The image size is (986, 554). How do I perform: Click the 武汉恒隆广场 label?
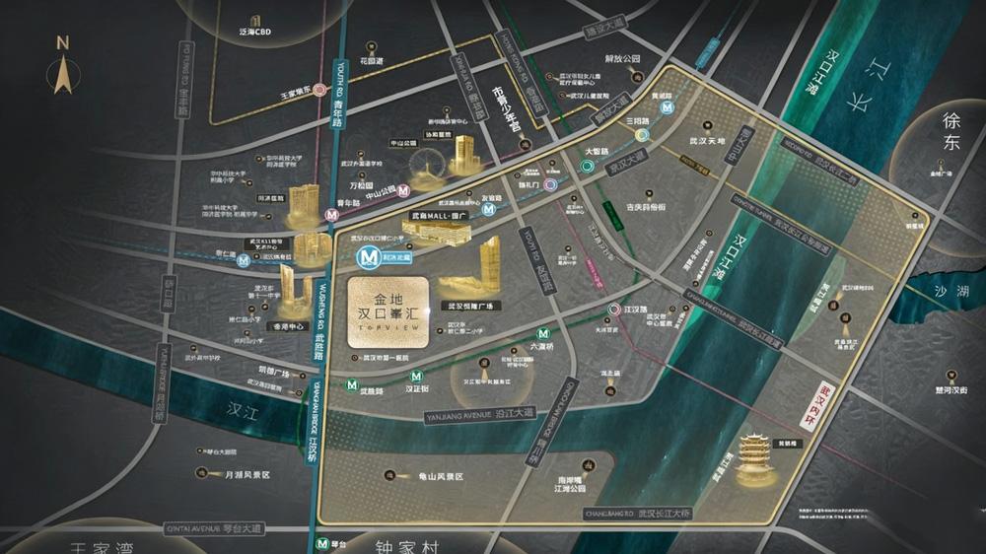(x=469, y=307)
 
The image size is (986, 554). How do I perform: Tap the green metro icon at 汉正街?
(x=417, y=376)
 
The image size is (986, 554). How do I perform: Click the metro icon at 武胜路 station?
(x=352, y=384)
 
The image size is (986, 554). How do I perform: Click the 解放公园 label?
(x=622, y=59)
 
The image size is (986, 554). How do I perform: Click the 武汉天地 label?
(x=707, y=141)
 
